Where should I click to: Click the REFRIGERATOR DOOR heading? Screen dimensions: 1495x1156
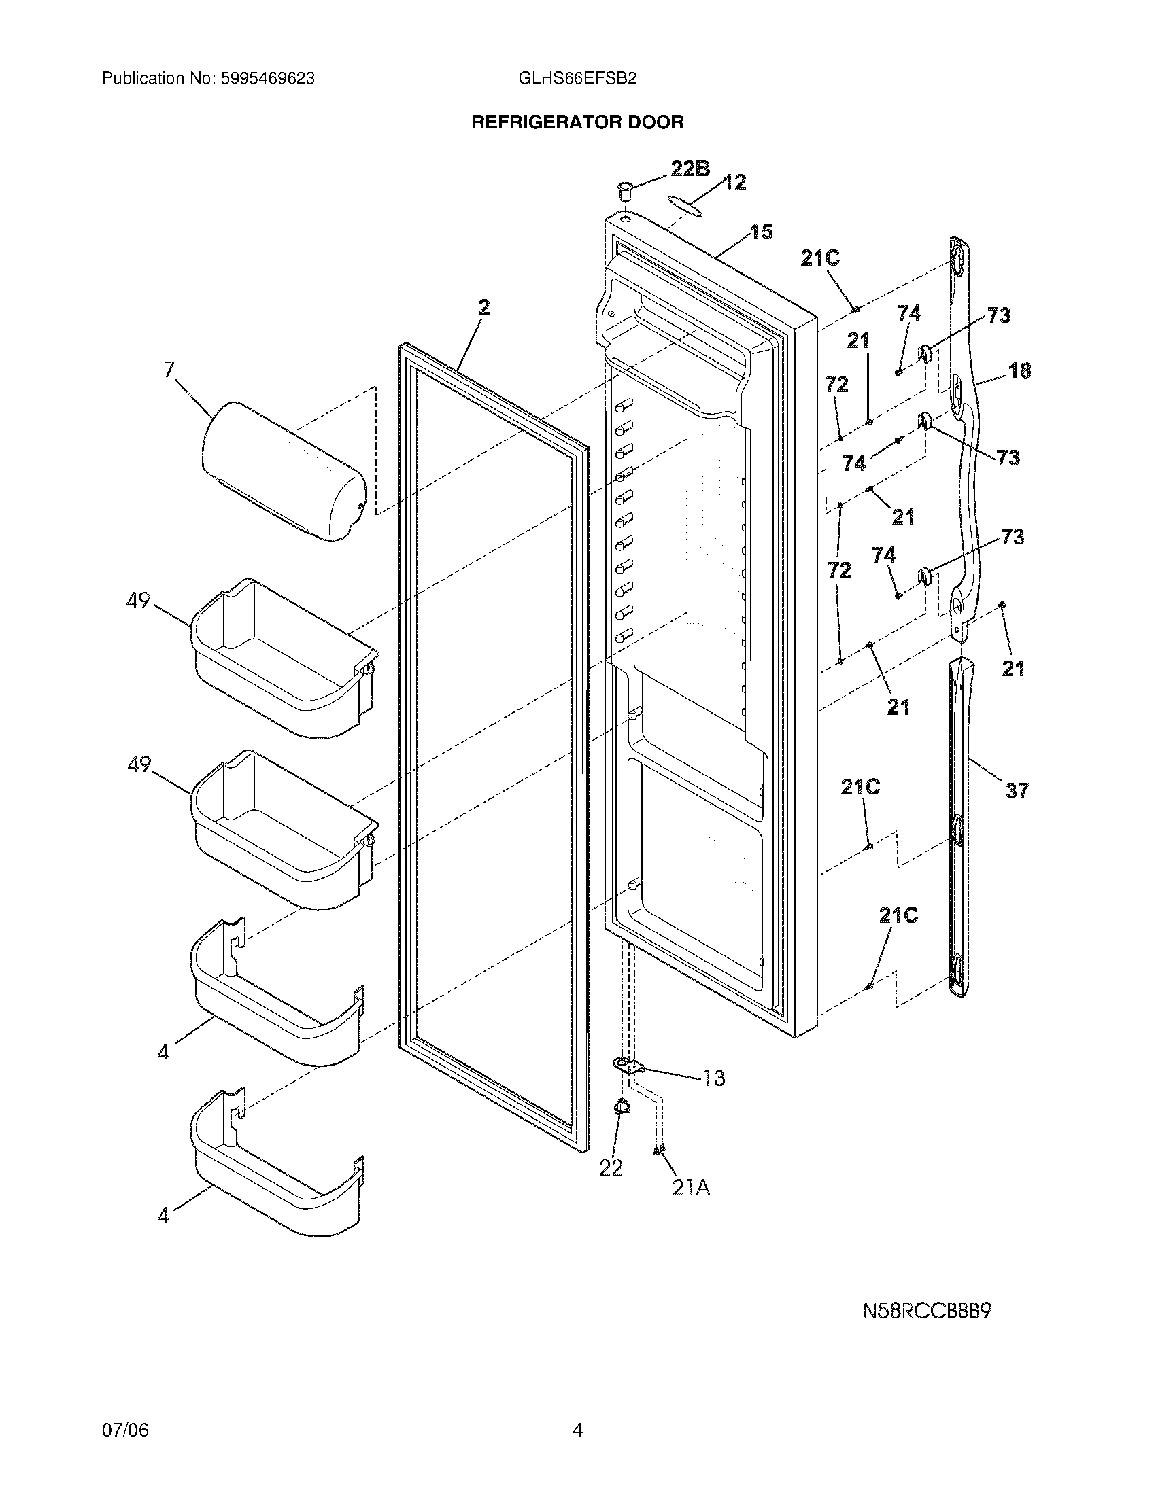click(x=577, y=122)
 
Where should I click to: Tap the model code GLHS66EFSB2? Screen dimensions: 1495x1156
click(x=577, y=79)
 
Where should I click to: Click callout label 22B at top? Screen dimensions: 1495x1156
click(x=690, y=169)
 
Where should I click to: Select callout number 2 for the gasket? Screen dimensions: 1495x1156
click(x=483, y=308)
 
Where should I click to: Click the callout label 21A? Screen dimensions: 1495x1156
click(x=690, y=1189)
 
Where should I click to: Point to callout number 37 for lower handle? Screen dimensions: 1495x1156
click(x=1017, y=791)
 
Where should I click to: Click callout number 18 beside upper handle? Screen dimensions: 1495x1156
click(x=1019, y=371)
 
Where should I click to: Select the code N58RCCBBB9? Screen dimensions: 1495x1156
click(x=927, y=1312)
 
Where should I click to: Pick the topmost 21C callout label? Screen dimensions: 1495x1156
click(x=820, y=258)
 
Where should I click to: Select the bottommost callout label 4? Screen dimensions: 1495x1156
click(x=163, y=1216)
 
